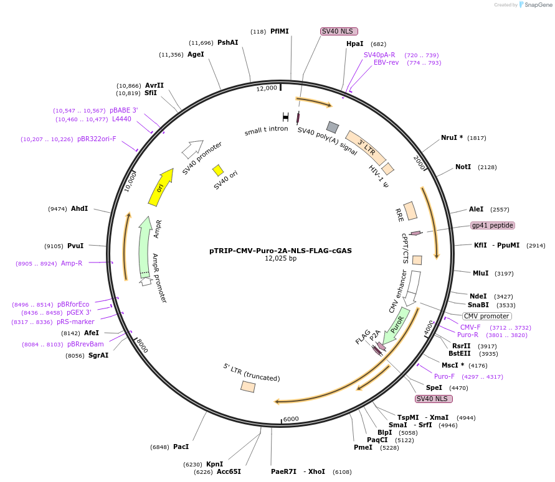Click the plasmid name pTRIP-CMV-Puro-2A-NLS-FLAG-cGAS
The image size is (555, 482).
(280, 251)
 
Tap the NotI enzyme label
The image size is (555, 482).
(463, 167)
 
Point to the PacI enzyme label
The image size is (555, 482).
(181, 447)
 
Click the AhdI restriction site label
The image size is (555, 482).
(80, 208)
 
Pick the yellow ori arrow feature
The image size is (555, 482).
(161, 186)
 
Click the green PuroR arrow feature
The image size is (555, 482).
(396, 325)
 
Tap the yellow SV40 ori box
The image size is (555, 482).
(218, 170)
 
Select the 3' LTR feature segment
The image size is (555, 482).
(366, 147)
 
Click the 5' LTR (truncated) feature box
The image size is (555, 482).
(248, 386)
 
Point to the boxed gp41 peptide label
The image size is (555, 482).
(493, 225)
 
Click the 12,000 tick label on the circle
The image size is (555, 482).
(267, 88)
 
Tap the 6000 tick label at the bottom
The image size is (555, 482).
(291, 419)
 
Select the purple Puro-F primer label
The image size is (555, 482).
(444, 376)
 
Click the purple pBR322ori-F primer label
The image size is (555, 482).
(97, 139)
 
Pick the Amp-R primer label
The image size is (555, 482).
(72, 263)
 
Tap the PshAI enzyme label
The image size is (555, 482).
(227, 42)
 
